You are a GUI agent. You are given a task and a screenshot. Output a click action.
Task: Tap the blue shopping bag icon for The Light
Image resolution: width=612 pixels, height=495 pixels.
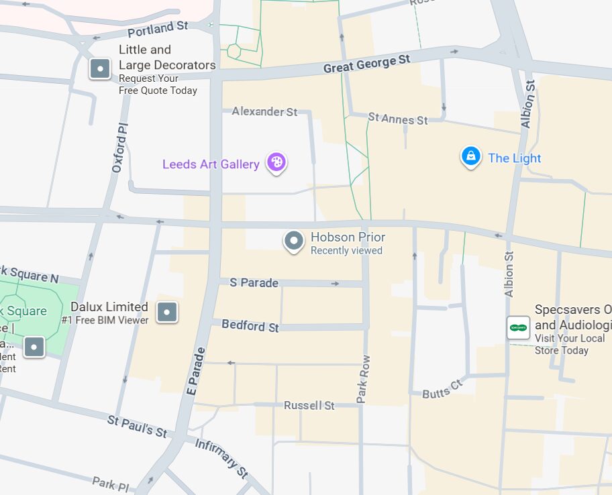pos(470,156)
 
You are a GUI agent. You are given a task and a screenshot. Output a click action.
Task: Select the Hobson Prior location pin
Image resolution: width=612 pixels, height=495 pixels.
pos(293,241)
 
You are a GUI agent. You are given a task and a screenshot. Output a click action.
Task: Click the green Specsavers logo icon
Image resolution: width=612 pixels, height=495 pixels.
pos(518,327)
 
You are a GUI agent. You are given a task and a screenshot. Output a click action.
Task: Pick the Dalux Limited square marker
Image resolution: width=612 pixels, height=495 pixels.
pos(166,312)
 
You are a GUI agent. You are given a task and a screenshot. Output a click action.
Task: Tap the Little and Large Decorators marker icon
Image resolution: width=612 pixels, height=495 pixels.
pos(100,68)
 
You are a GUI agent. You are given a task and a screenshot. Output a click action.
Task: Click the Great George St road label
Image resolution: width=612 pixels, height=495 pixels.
pos(366,64)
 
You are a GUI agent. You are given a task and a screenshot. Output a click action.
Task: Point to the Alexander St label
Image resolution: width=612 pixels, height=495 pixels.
pos(264,111)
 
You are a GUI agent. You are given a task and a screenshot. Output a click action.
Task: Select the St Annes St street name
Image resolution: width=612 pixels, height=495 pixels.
pos(398,119)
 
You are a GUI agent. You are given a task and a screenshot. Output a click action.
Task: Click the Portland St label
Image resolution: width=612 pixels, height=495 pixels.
pos(158,29)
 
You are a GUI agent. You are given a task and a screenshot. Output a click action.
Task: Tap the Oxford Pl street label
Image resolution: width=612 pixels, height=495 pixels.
pos(119,148)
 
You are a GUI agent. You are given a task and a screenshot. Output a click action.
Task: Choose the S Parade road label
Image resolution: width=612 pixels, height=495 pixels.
pos(254,283)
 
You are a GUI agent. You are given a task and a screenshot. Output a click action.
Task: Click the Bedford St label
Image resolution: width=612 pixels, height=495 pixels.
pos(250,327)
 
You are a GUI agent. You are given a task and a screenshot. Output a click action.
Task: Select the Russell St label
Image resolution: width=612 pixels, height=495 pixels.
pos(309,406)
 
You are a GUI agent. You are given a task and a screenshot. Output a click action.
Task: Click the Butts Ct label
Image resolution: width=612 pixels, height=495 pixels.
pos(442,390)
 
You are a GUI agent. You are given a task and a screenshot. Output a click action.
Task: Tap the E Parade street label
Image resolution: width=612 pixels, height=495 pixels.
pos(195,371)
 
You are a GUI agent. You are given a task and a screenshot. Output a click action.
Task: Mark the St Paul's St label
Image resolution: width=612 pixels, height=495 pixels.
pos(138,427)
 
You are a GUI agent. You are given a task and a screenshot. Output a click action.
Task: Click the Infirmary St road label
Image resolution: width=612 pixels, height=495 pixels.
pos(221,459)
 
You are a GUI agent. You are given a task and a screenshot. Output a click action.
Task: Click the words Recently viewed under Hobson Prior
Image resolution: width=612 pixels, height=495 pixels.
pos(346,251)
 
